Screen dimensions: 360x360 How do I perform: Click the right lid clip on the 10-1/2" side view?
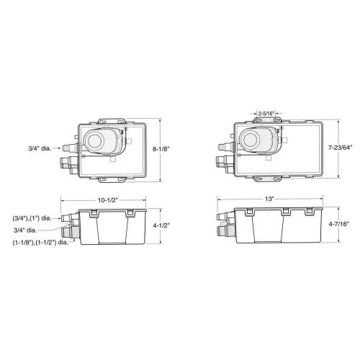click(130, 214)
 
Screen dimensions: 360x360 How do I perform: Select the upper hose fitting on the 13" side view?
click(224, 216)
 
